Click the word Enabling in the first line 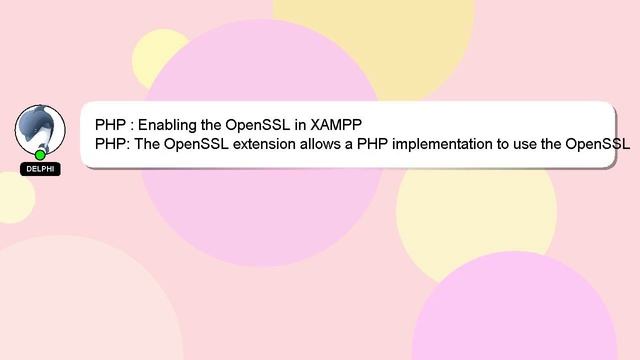169,125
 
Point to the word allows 322,144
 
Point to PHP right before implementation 373,144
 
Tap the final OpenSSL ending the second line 597,144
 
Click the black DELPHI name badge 41,169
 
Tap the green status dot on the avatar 41,154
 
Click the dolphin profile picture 40,129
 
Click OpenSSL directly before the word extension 197,144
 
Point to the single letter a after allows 350,144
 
